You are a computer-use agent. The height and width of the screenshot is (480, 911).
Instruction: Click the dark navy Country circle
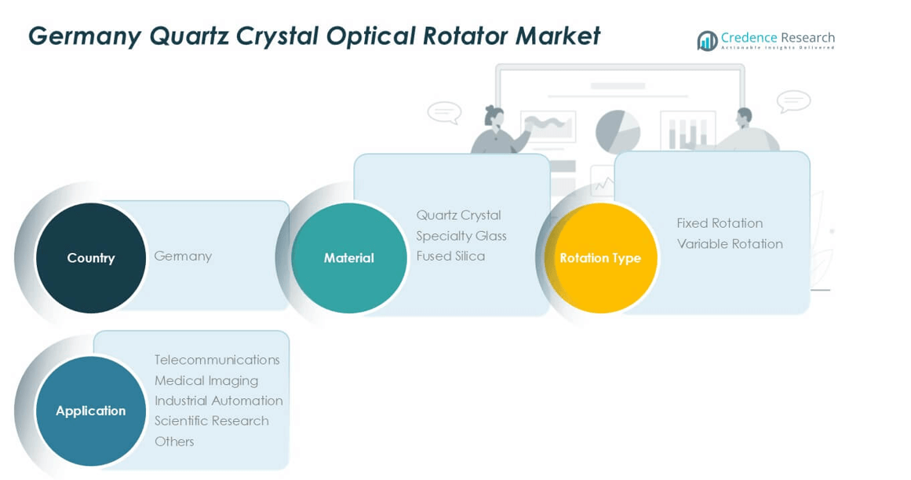pos(91,258)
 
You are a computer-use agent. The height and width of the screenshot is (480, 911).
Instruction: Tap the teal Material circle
pos(349,258)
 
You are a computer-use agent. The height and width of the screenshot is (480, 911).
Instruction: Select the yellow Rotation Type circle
pos(600,258)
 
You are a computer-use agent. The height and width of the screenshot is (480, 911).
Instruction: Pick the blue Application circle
pos(91,411)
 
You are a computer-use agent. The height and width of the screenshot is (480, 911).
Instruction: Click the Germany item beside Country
pos(183,256)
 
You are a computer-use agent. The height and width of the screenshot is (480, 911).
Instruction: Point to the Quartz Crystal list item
pos(458,215)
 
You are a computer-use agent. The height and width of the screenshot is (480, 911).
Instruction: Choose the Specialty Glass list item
pos(461,236)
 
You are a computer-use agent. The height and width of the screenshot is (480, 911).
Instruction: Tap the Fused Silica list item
pos(450,256)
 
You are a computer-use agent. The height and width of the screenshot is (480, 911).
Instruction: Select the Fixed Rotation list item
pos(720,223)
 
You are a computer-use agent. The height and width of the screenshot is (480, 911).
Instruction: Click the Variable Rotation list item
pos(730,244)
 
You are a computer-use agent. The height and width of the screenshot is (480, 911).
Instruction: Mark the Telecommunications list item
pos(217,360)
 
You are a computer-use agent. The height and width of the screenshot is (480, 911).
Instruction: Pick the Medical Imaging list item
pos(206,380)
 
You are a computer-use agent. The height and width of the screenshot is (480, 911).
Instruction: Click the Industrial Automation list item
pos(218,401)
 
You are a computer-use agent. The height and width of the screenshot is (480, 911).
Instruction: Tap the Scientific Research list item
pos(212,421)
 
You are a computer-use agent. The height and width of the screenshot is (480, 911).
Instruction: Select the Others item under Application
pos(174,442)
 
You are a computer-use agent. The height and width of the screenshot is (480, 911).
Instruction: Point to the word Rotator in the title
pos(465,36)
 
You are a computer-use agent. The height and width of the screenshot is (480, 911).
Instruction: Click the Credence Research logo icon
pos(707,40)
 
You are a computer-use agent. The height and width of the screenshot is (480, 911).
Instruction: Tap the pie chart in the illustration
pos(618,131)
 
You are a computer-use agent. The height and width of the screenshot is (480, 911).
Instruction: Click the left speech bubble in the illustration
pos(444,112)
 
